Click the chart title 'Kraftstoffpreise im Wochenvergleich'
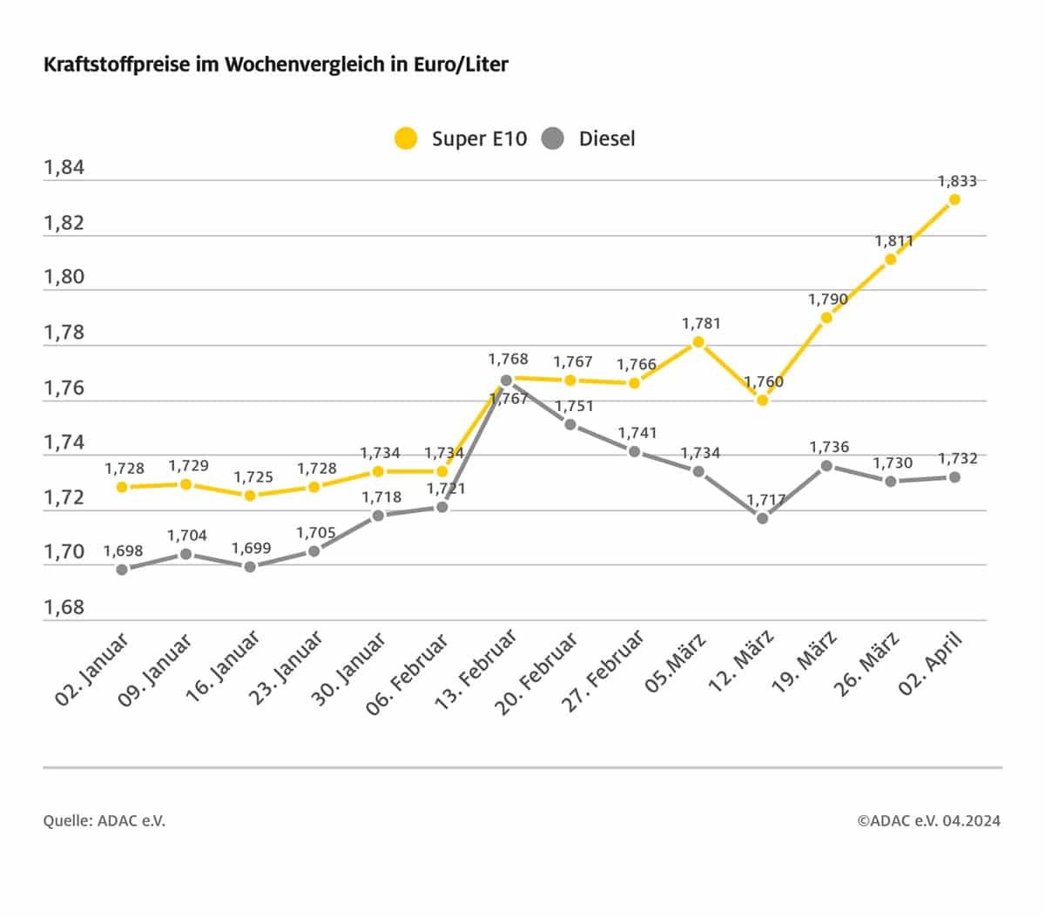275,65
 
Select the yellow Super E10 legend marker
406,138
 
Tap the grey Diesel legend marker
553,138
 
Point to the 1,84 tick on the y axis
64,167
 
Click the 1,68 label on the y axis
64,607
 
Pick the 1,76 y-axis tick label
64,387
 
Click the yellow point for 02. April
954,199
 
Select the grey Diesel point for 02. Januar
122,570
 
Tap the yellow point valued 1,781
698,342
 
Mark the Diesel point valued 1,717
763,518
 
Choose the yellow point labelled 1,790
826,318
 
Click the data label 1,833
956,181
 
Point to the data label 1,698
123,551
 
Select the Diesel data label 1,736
829,447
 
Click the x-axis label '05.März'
677,664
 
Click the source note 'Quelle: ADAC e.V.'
104,820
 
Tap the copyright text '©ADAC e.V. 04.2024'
928,820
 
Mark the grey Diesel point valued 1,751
570,425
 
